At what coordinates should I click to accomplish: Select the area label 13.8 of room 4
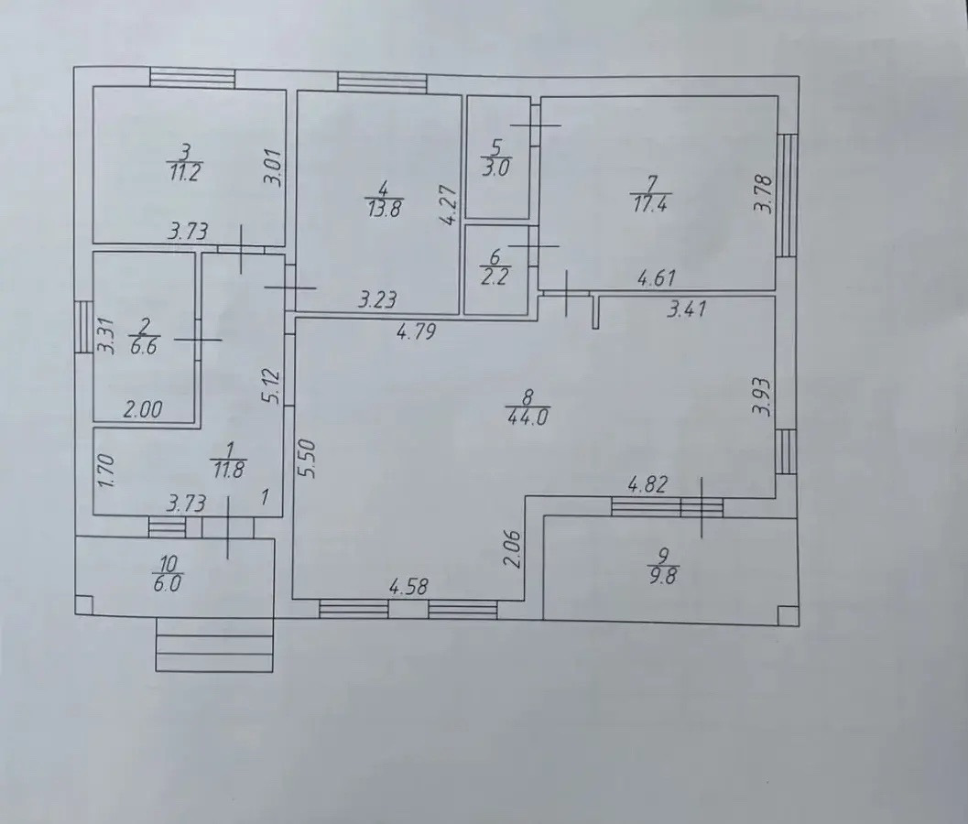pyautogui.click(x=383, y=209)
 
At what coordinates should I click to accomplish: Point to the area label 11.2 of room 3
pyautogui.click(x=184, y=172)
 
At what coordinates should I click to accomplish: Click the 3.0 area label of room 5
pyautogui.click(x=496, y=168)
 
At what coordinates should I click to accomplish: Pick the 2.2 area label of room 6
pyautogui.click(x=495, y=276)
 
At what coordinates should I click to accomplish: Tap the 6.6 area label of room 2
pyautogui.click(x=143, y=346)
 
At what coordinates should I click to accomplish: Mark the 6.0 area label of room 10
pyautogui.click(x=167, y=584)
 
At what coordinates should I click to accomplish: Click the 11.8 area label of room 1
pyautogui.click(x=228, y=471)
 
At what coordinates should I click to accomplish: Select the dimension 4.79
pyautogui.click(x=417, y=332)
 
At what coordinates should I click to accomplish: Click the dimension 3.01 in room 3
pyautogui.click(x=275, y=167)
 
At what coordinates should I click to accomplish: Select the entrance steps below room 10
pyautogui.click(x=214, y=644)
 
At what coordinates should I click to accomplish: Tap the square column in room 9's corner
pyautogui.click(x=787, y=614)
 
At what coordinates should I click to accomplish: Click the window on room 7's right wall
pyautogui.click(x=787, y=195)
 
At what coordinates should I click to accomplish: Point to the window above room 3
pyautogui.click(x=192, y=77)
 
